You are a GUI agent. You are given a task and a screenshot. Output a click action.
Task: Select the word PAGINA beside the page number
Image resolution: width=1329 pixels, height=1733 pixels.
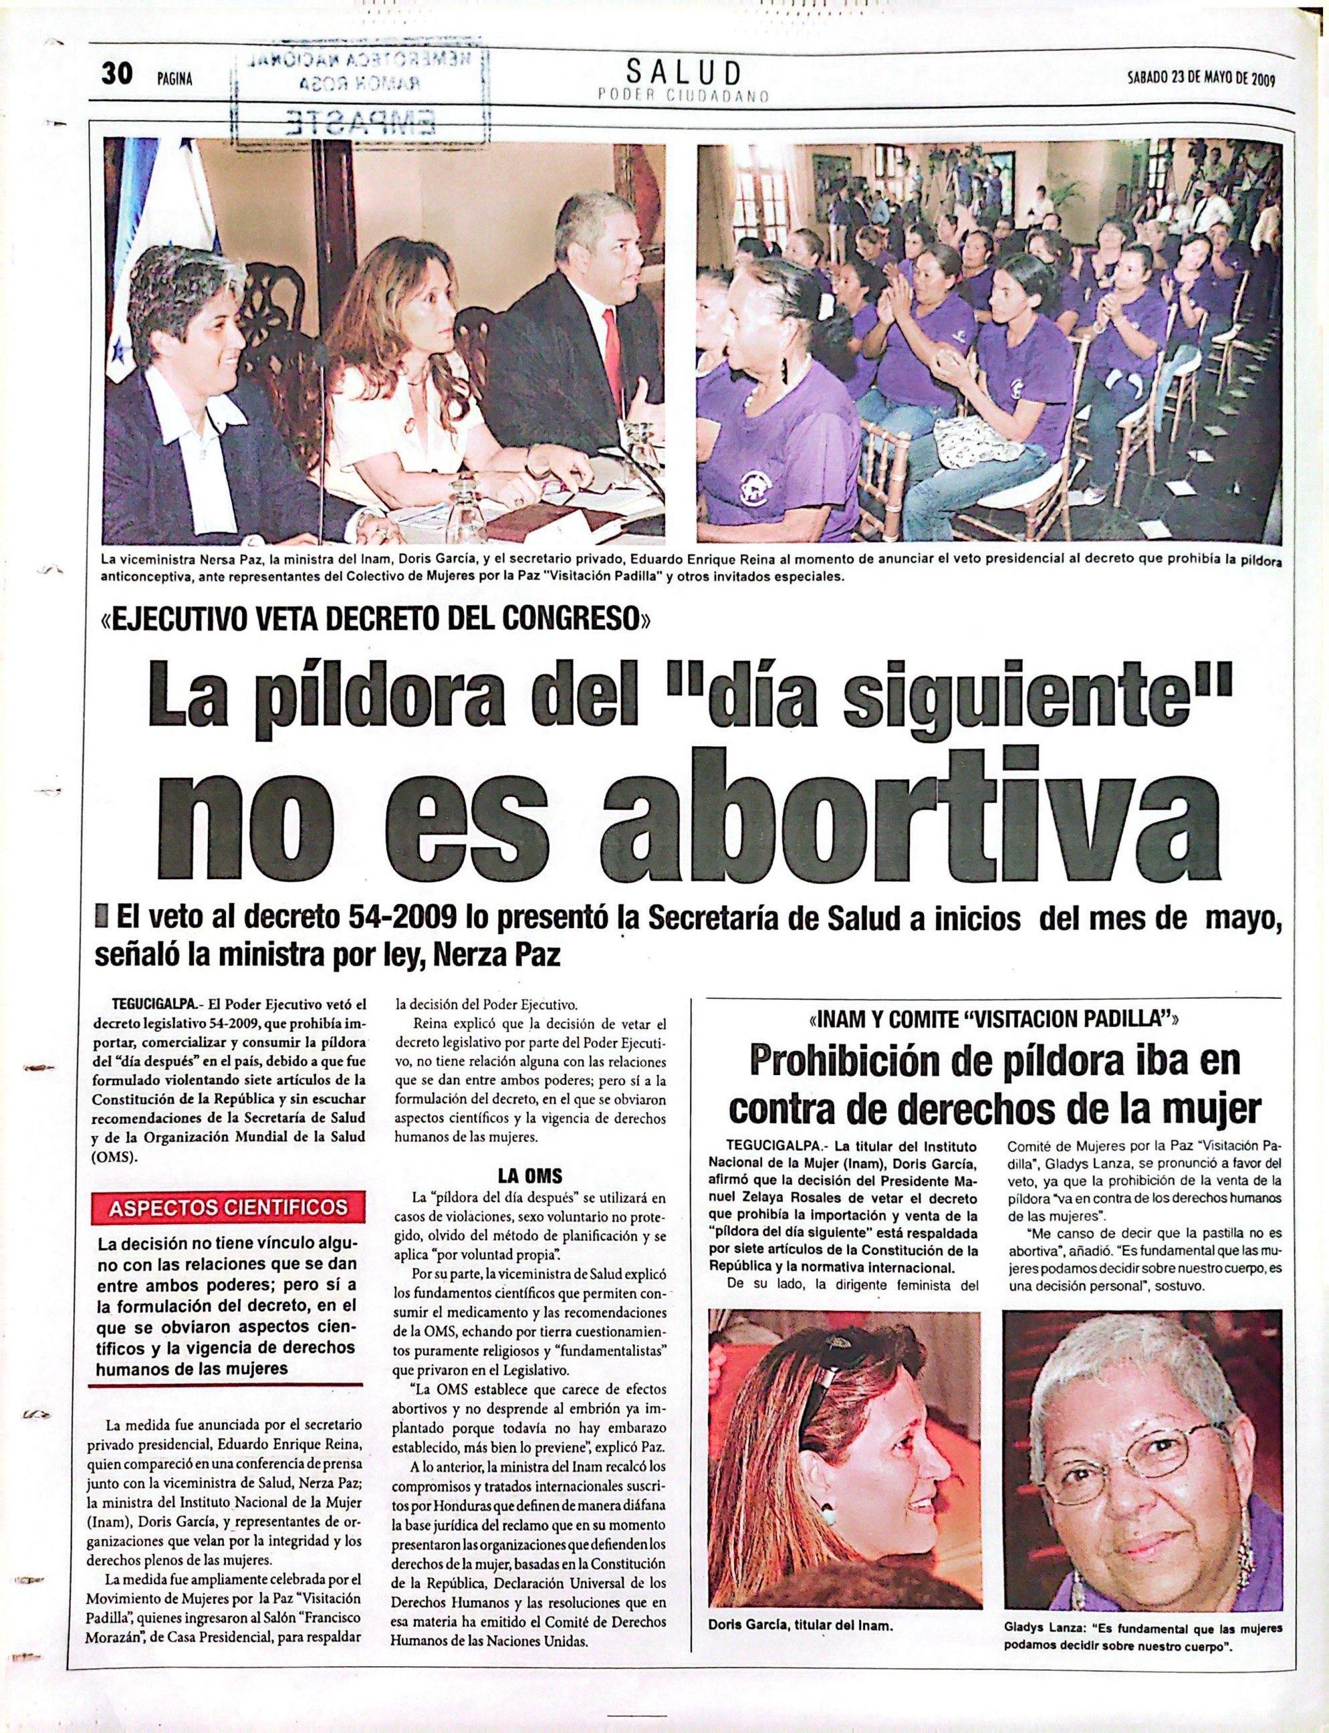point(175,78)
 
